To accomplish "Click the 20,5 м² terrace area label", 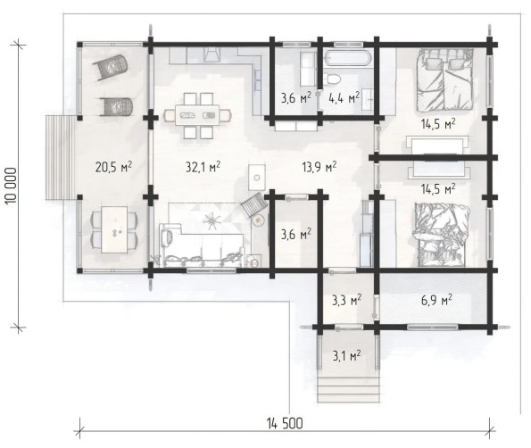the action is click(113, 167).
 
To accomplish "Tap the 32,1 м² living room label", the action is click(203, 167).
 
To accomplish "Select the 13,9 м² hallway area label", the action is click(319, 167).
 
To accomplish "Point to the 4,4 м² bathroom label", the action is click(344, 98).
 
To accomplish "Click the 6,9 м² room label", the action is click(437, 300).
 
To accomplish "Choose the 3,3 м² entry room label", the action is click(346, 300).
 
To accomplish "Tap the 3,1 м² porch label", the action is click(346, 355).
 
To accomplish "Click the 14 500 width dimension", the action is click(285, 423).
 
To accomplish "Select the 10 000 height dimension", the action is click(11, 186).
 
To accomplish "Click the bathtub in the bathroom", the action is click(348, 58).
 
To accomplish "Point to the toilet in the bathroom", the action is click(332, 79).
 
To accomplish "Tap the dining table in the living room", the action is click(197, 115).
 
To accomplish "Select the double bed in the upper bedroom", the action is click(444, 79).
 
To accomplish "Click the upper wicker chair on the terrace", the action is click(111, 68).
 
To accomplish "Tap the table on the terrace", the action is click(115, 229).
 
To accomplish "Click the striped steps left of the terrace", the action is click(61, 157).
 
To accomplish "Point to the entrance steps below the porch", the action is click(348, 389).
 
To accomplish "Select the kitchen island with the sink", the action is click(257, 178).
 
